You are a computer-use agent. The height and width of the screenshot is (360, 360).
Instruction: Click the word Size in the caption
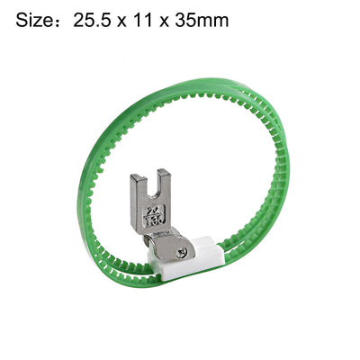33,19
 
